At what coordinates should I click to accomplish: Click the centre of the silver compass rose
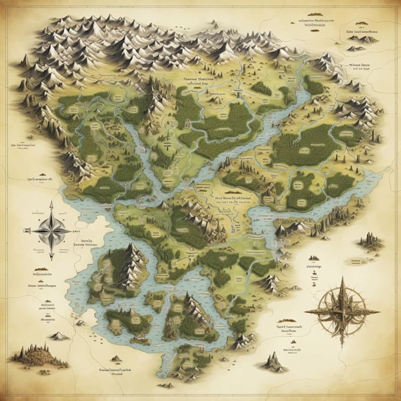click(x=51, y=230)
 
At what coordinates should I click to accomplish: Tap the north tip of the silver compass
click(x=51, y=202)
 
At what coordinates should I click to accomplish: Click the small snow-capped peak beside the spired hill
click(x=58, y=336)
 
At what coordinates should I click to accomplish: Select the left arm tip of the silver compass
click(x=25, y=231)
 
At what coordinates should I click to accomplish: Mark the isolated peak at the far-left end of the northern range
click(x=24, y=60)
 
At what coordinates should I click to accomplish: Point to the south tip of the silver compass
click(x=51, y=259)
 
